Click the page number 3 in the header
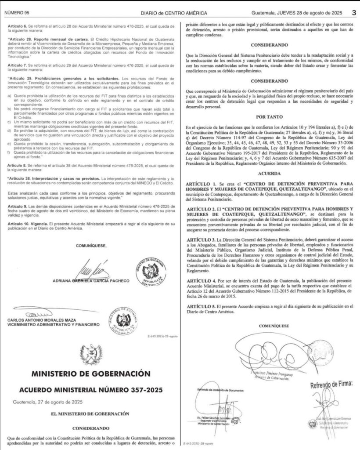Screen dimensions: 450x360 tap(353, 13)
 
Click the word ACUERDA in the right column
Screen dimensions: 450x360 tap(270, 173)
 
